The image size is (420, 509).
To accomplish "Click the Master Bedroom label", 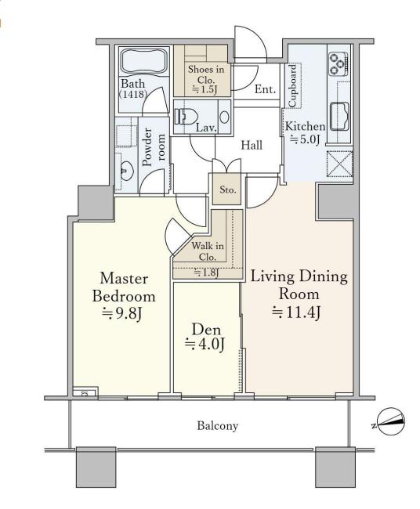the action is click(x=124, y=288).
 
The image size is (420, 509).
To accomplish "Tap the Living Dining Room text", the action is click(x=299, y=285).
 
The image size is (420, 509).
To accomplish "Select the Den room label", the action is click(x=207, y=330).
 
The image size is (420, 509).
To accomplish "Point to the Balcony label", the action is click(x=217, y=425).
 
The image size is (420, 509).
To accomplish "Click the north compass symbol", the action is click(x=391, y=421).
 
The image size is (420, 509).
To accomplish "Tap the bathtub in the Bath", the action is click(x=145, y=62).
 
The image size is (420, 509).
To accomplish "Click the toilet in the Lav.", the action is click(x=186, y=117).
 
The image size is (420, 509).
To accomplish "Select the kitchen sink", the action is click(x=339, y=116).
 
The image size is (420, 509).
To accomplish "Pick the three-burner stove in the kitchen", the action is click(x=339, y=63).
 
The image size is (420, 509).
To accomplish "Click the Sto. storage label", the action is click(x=227, y=190).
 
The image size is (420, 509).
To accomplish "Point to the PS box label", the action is click(x=85, y=394).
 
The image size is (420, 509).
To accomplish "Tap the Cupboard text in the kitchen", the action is click(x=293, y=85).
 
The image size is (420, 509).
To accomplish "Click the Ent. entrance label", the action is click(x=266, y=89).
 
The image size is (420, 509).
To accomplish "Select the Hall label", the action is click(x=252, y=145).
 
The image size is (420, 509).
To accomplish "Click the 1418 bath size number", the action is click(x=133, y=94).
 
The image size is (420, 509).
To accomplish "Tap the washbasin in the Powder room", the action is click(x=126, y=171).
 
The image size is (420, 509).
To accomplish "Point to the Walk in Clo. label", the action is click(x=208, y=251).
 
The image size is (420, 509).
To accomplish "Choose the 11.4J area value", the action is click(x=296, y=313).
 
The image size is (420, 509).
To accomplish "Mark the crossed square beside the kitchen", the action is click(x=339, y=164).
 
